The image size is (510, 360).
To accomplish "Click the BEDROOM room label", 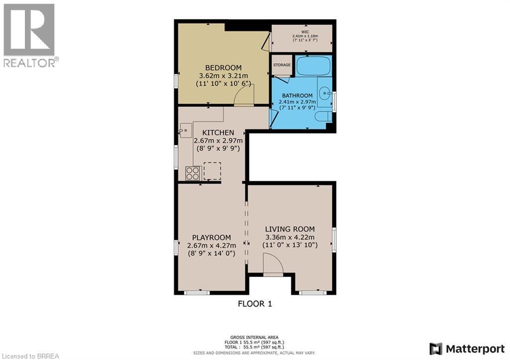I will (x=223, y=68).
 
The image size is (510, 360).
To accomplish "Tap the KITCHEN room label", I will (x=218, y=132).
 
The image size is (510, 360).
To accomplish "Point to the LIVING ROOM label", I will (x=290, y=229).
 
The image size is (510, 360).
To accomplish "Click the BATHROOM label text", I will (x=297, y=96).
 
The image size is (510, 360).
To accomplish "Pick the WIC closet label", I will (x=305, y=30).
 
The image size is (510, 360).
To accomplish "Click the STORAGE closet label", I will (x=281, y=65).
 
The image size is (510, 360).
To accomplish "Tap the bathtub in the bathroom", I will (x=313, y=66).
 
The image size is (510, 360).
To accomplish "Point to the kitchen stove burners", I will (x=192, y=173).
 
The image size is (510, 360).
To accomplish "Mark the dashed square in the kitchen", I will (x=212, y=170).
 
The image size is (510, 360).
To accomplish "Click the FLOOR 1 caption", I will (x=255, y=303).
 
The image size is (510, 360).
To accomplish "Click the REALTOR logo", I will (x=29, y=35).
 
